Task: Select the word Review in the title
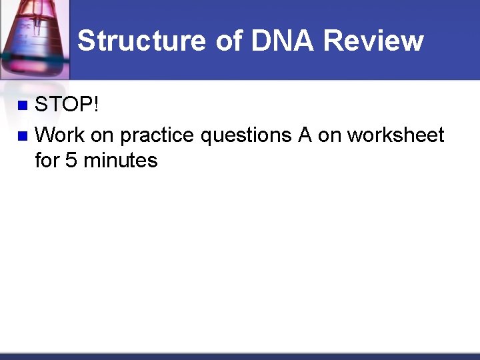[374, 41]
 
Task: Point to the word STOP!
[67, 105]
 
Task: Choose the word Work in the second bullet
[59, 135]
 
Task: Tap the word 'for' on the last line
[47, 161]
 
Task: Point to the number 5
[71, 161]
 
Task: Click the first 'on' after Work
[102, 137]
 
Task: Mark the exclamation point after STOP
[96, 105]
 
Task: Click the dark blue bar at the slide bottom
[240, 356]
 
